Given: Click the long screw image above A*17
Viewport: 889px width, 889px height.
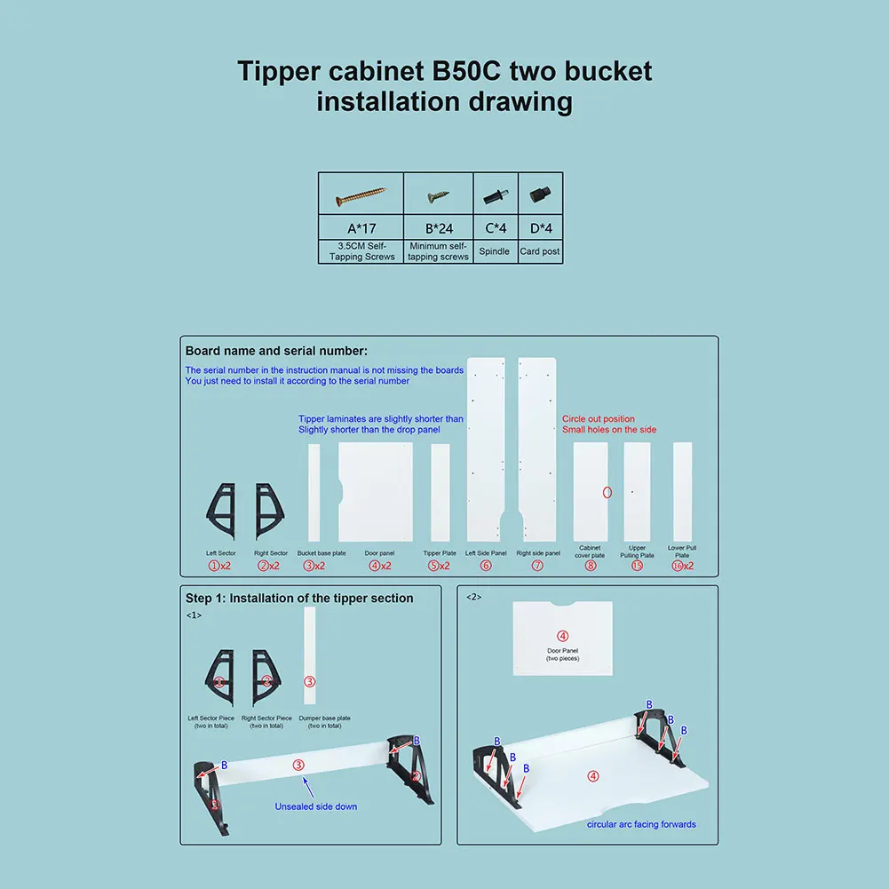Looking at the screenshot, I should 361,194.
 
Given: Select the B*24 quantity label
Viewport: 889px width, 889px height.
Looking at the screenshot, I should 438,228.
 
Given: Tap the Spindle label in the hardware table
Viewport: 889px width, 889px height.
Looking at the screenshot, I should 495,251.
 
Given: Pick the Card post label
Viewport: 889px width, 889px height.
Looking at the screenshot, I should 540,251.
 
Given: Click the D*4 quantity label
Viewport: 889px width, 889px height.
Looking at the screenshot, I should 540,228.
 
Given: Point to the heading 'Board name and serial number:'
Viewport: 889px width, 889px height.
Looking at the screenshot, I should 276,351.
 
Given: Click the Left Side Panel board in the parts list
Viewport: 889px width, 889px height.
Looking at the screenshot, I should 486,449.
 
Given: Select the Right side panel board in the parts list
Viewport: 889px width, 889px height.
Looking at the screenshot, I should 536,449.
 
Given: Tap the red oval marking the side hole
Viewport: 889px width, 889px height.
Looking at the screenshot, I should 607,491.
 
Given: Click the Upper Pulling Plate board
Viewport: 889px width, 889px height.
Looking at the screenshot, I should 637,491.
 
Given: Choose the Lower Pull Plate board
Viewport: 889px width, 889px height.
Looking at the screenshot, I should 682,491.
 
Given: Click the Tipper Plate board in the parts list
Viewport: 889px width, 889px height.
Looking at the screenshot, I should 440,493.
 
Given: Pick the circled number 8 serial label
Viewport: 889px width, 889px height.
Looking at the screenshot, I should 590,566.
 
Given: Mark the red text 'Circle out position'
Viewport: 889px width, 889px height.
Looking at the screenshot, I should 599,418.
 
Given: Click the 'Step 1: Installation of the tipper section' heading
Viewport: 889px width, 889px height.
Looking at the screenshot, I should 299,599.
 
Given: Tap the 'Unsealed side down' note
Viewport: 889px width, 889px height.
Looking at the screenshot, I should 317,806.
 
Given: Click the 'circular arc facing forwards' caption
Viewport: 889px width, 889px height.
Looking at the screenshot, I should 641,824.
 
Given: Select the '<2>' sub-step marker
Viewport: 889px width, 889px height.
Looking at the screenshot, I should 473,597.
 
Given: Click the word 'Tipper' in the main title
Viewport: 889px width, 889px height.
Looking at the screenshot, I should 280,71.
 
